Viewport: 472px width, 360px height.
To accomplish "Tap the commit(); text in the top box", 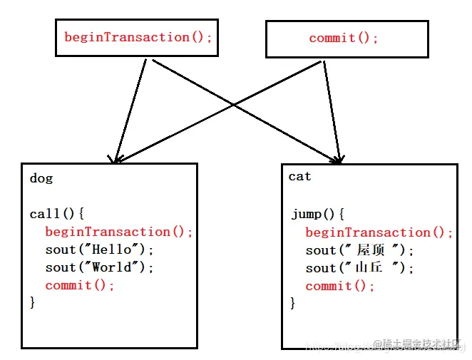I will click(x=344, y=38).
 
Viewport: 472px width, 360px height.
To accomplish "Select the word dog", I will click(x=41, y=178).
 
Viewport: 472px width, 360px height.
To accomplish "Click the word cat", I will click(x=299, y=176).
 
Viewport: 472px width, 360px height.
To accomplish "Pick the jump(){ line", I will click(x=318, y=214).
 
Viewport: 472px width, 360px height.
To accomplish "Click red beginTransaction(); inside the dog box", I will click(x=119, y=232).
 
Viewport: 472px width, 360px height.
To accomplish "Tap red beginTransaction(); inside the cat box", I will click(x=379, y=232).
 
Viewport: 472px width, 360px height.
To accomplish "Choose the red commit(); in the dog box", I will click(x=80, y=285).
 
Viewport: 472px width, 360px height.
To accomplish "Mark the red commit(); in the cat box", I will click(x=340, y=286).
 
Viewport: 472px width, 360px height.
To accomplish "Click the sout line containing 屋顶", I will click(x=359, y=250).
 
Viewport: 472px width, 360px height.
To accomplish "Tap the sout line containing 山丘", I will click(x=359, y=268).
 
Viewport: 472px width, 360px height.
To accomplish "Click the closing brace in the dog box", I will click(x=33, y=302).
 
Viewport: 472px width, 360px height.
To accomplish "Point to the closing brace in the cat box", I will click(x=293, y=303).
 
